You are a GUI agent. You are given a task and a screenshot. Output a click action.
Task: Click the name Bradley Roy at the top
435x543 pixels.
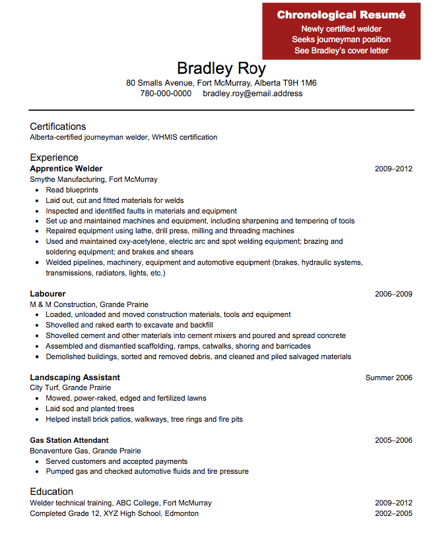[x=221, y=69]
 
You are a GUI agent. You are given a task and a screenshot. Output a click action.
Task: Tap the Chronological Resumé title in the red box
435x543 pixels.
[x=341, y=15]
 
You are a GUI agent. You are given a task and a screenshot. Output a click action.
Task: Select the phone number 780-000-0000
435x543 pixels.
[x=166, y=94]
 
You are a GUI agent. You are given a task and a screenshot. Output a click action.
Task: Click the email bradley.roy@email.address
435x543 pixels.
[x=253, y=94]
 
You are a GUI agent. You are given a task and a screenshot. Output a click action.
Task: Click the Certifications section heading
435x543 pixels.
[x=58, y=127]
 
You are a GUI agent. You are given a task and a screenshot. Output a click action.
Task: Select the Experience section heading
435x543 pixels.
[x=54, y=157]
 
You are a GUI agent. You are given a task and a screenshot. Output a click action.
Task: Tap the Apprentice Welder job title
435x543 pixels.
[x=66, y=169]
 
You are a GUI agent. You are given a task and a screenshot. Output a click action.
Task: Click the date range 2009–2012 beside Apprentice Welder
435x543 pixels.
[x=393, y=169]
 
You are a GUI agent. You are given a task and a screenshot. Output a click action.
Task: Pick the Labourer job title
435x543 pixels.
[x=48, y=294]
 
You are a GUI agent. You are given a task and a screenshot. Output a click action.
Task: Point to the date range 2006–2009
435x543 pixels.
[x=393, y=294]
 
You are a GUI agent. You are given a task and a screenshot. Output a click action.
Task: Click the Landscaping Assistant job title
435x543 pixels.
[x=75, y=378]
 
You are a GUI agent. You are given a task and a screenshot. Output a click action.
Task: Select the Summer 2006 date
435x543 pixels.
[x=389, y=378]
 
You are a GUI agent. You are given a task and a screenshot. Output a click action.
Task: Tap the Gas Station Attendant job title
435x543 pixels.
[x=69, y=440]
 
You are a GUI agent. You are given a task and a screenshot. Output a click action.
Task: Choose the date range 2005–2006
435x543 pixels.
[x=393, y=440]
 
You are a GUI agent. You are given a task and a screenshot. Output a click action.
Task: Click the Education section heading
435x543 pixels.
[x=51, y=492]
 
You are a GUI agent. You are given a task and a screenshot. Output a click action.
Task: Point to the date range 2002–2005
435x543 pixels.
[x=393, y=513]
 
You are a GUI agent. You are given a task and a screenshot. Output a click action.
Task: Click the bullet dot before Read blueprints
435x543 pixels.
[x=36, y=190]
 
